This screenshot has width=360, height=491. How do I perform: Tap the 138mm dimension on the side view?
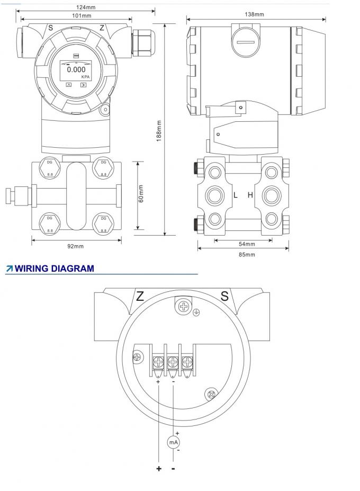tap(255, 14)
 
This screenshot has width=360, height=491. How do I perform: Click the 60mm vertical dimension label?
tap(141, 194)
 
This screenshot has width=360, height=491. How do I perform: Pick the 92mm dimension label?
tap(76, 246)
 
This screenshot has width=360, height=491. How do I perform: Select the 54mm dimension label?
tap(247, 244)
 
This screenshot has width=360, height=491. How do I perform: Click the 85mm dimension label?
tap(247, 254)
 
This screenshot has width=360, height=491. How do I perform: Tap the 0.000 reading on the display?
tap(76, 69)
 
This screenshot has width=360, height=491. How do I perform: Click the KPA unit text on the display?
tap(85, 77)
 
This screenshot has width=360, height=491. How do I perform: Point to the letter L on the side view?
tap(236, 195)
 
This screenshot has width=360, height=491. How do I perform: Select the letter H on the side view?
tap(250, 195)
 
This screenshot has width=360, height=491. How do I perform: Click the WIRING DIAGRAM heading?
tap(54, 269)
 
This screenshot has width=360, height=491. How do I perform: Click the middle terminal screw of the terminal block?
tap(173, 363)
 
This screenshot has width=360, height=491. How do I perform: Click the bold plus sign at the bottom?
tap(158, 469)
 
